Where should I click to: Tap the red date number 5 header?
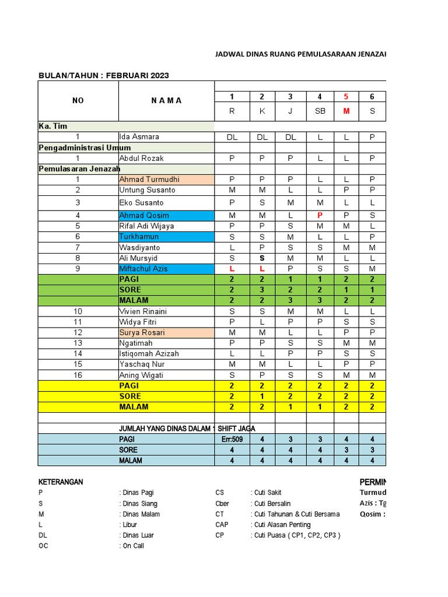(346, 97)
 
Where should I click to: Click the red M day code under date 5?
(346, 111)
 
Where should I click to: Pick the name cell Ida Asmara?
(139, 137)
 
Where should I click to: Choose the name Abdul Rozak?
(141, 158)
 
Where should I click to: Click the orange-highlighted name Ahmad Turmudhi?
(149, 180)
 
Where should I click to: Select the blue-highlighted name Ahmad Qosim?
(143, 215)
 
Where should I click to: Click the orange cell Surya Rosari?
(142, 332)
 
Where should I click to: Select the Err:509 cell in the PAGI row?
(232, 439)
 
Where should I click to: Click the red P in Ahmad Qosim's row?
(319, 215)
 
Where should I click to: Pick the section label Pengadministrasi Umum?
(84, 148)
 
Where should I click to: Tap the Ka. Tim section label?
(53, 126)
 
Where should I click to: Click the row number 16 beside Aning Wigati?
(78, 375)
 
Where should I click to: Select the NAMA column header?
(166, 100)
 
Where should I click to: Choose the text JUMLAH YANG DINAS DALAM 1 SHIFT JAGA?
(187, 429)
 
